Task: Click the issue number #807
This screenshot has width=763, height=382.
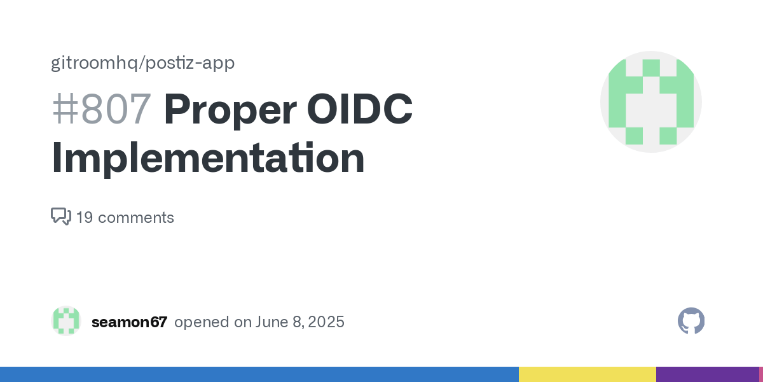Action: click(102, 109)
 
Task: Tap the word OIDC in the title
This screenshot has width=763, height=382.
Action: click(360, 108)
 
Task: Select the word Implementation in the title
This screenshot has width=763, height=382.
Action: click(208, 159)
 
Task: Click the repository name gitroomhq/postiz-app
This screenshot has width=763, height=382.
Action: click(142, 63)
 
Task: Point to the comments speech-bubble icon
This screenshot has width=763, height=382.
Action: click(61, 216)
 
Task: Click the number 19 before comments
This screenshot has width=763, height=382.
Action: click(85, 218)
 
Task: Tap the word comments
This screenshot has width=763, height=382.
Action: click(136, 218)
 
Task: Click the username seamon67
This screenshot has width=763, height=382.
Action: click(130, 322)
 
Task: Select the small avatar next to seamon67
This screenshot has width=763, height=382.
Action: click(66, 321)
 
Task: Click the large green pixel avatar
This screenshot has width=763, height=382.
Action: click(651, 102)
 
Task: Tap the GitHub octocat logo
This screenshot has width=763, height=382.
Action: click(691, 321)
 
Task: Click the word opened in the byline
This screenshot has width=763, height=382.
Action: click(202, 322)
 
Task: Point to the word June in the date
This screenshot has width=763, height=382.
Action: click(272, 322)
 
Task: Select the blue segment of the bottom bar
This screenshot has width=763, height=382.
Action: click(259, 374)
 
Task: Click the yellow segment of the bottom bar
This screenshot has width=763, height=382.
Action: click(588, 374)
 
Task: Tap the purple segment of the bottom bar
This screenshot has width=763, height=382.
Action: click(708, 374)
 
